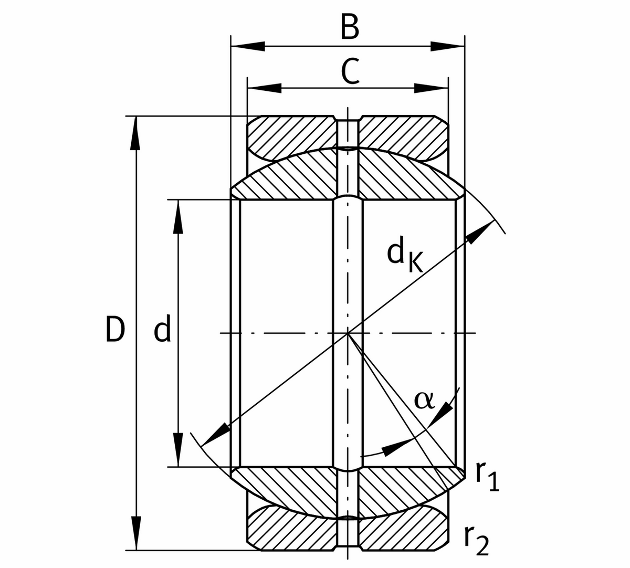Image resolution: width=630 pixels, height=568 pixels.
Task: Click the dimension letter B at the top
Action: tap(350, 27)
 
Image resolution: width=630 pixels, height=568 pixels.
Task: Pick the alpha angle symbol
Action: tap(424, 400)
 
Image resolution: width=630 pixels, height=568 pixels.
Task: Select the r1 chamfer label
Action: tap(487, 476)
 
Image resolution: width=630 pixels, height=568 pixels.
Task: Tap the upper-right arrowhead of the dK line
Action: tap(478, 233)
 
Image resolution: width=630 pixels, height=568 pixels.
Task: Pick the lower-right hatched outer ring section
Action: tap(404, 530)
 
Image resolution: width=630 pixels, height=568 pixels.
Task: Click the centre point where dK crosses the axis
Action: tap(348, 333)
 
